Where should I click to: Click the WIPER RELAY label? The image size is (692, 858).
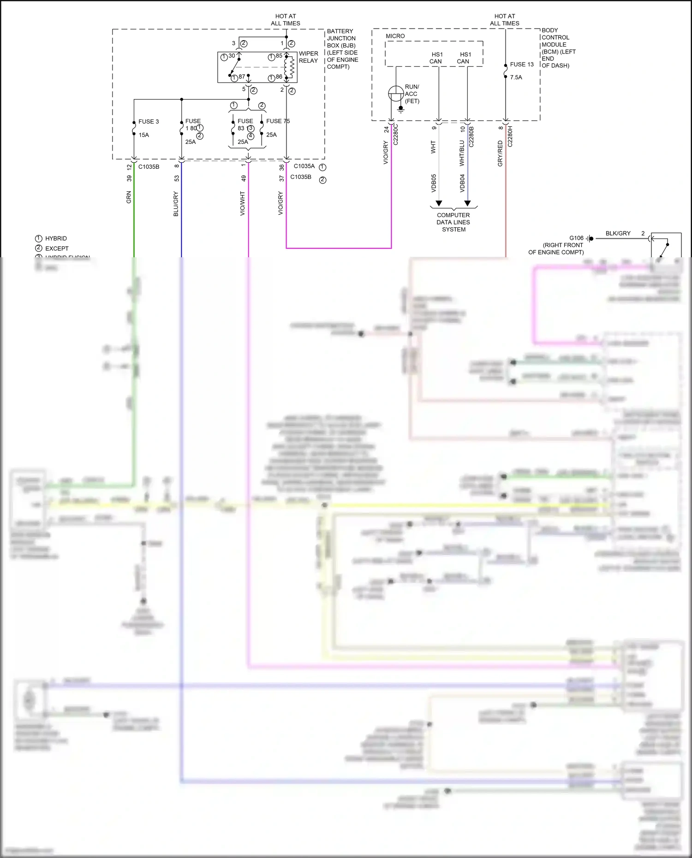coord(308,57)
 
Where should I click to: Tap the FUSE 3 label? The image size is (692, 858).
coord(149,122)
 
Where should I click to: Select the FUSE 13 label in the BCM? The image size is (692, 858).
coord(522,65)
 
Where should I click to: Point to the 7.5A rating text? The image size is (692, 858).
coord(516,77)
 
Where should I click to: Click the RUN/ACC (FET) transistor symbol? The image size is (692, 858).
coord(396,94)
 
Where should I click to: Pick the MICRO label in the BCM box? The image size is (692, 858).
coord(395,36)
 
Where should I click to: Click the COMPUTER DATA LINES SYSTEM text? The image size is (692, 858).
coord(453,222)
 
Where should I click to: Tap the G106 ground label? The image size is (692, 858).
coord(576,238)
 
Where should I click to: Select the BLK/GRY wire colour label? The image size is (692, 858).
coord(618,233)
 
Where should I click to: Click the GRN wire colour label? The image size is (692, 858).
coord(129,197)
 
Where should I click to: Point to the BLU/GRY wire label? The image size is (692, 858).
coord(176,204)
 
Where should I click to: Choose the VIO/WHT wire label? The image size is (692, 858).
coord(242,204)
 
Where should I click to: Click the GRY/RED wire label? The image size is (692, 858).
coord(500,154)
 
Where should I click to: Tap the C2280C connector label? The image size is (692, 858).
coord(395,134)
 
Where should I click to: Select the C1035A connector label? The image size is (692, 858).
coord(304,166)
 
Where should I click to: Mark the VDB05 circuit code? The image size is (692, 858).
coord(434,183)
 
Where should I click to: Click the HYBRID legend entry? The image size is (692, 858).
coord(56,238)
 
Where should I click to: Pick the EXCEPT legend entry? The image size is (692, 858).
coord(57,249)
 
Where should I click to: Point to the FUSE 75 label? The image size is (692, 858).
coord(278,121)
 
